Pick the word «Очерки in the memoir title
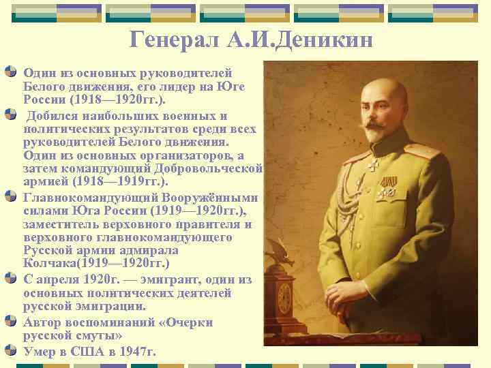185,322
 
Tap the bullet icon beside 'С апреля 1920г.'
12,278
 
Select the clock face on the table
284,298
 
